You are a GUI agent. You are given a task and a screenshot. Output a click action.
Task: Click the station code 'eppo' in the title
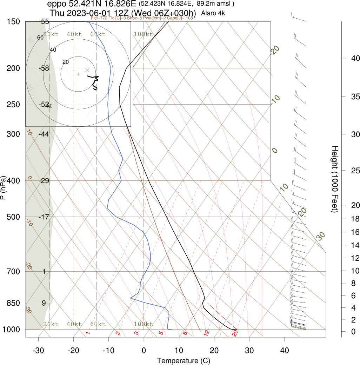[57, 4]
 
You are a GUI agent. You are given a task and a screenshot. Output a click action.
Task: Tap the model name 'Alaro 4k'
[213, 13]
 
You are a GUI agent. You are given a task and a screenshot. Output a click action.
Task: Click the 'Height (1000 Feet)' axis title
[334, 179]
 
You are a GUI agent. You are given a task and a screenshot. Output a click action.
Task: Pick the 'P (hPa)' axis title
[4, 188]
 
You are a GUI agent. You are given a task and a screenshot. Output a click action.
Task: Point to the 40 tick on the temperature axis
[285, 350]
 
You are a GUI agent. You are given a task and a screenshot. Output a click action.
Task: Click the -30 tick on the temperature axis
[38, 350]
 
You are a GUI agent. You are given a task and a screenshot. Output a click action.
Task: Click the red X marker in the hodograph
[87, 70]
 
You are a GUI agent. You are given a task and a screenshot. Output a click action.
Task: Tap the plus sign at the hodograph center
[78, 74]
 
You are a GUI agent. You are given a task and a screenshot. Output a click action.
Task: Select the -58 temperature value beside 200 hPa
[44, 68]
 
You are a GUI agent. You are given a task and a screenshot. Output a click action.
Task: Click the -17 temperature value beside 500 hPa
[44, 217]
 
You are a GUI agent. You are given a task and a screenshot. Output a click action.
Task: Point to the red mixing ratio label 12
[207, 332]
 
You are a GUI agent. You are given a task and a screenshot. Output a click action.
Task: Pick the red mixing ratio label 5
[161, 332]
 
